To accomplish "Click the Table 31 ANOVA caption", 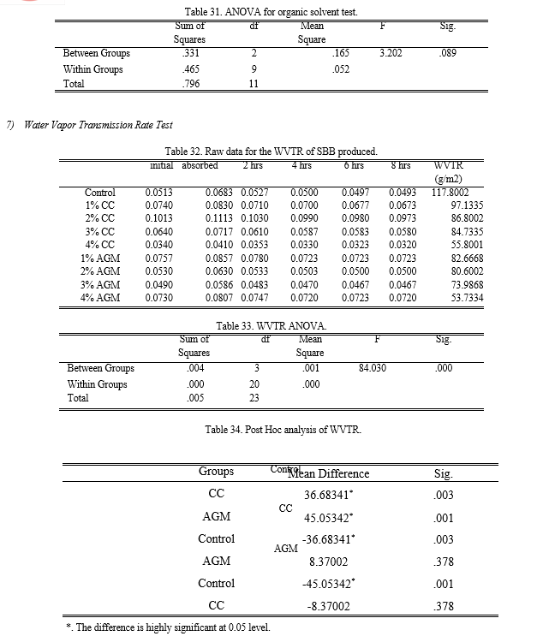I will pos(271,12).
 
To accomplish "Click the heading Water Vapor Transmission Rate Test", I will pos(98,125).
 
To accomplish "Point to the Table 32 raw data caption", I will pos(271,151).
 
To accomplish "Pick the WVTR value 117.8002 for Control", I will pos(450,193).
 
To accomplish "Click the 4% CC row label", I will pos(100,245).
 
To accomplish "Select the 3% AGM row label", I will pos(100,284).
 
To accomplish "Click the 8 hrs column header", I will pos(399,165).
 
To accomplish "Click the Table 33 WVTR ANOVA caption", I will pos(271,326).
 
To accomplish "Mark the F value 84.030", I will pos(374,368).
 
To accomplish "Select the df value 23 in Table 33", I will pos(254,398).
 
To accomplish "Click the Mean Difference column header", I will pos(332,473).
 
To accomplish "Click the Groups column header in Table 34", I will pos(216,471).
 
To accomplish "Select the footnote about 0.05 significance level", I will pos(168,627).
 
